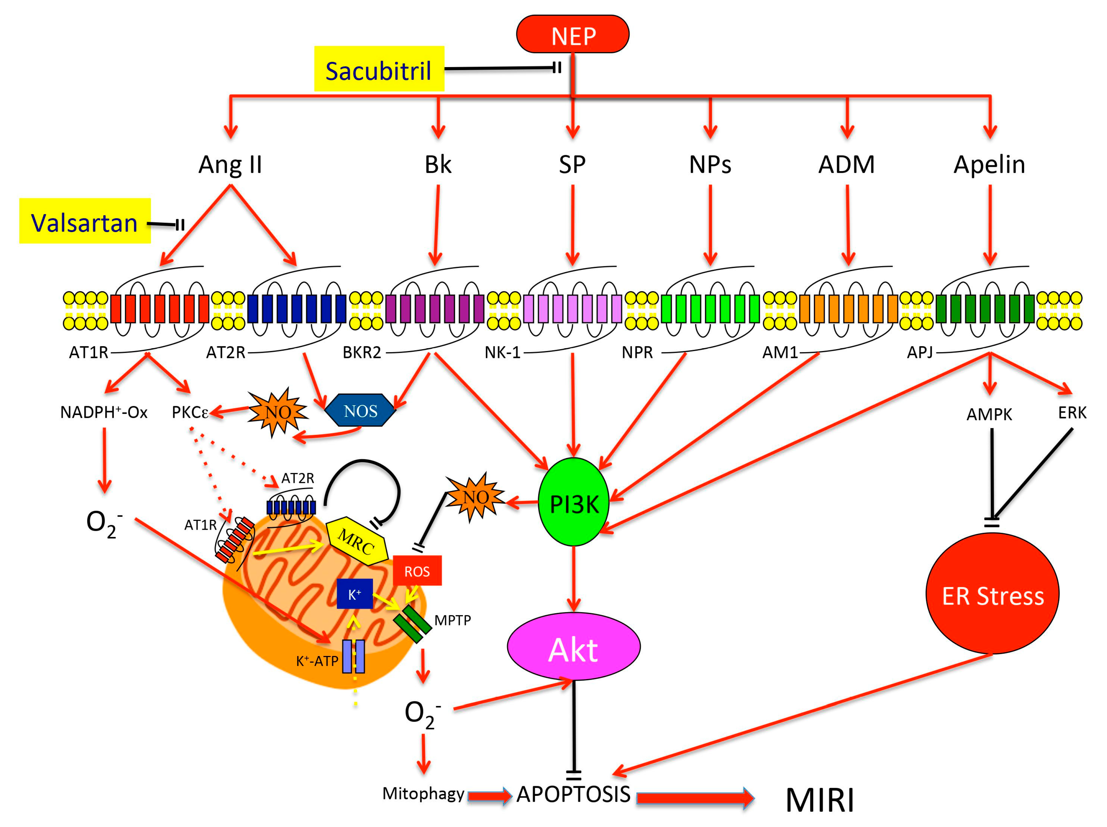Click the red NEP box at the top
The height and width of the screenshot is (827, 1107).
coord(572,34)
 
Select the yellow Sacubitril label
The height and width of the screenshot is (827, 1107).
coord(379,69)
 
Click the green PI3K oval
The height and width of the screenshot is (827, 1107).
coord(574,502)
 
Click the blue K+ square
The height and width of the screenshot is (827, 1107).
coord(354,594)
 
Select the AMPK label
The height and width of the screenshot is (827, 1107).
coord(989,414)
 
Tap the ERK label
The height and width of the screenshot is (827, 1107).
coord(1072,413)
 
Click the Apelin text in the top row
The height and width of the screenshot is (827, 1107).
coord(989,164)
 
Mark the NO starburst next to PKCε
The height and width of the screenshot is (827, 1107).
coord(278,412)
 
